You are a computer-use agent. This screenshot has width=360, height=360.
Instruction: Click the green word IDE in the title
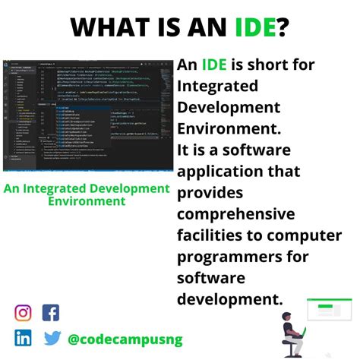point(257,28)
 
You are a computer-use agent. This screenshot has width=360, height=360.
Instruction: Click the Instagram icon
point(24,312)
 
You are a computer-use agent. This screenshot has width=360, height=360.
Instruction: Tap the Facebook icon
point(51,312)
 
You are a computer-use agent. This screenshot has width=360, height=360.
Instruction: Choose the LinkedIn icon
point(24,338)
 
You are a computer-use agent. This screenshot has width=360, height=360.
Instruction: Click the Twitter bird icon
point(52,338)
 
